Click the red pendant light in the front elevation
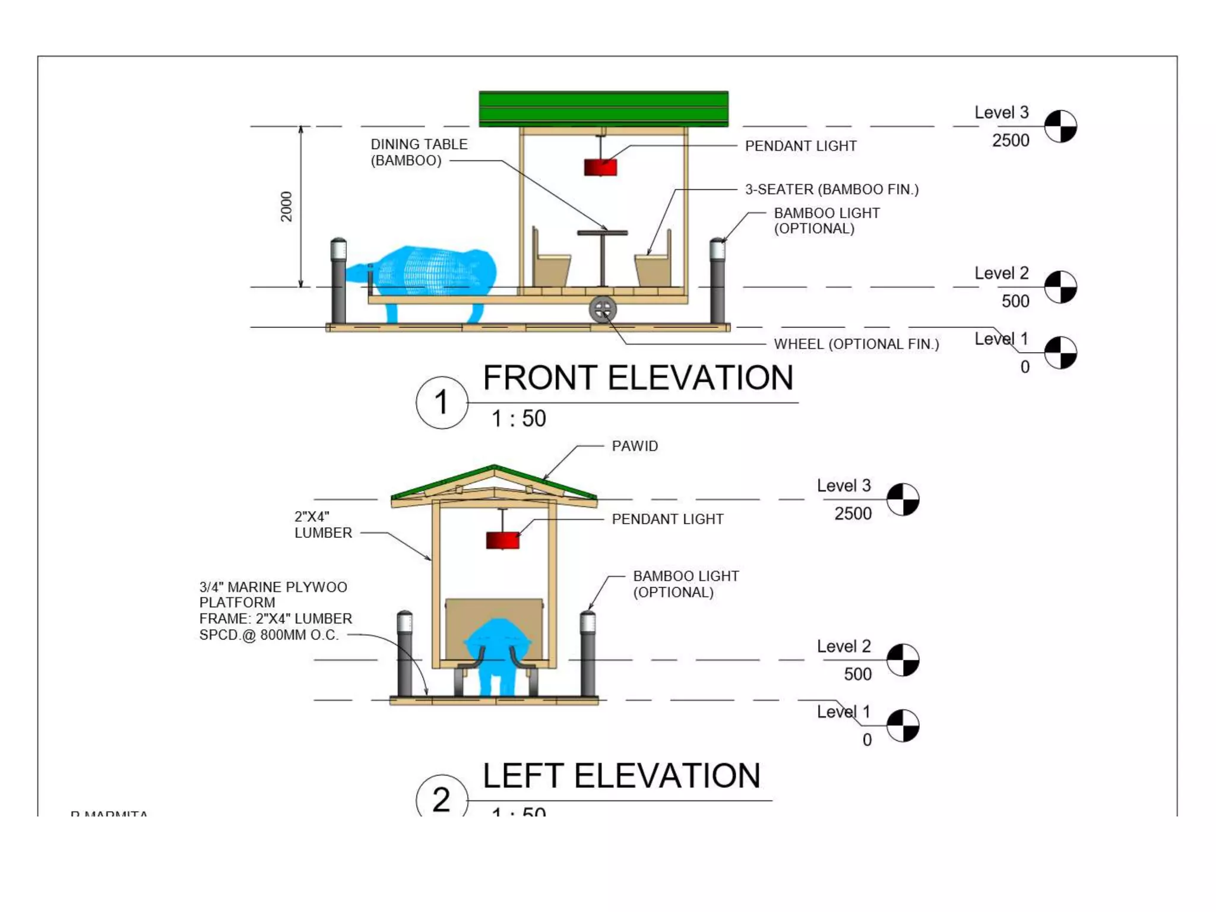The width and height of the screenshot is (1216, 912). pos(600,167)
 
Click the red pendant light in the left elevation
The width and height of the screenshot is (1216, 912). pos(502,540)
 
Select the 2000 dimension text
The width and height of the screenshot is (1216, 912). pos(287,207)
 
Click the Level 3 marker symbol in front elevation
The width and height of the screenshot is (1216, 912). pos(1060,126)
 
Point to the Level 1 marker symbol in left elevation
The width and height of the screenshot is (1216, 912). pos(902,726)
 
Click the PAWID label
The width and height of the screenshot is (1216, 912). pos(635,446)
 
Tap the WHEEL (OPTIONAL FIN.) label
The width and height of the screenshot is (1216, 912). pos(856,344)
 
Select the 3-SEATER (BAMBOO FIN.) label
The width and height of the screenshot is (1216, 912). pos(832,189)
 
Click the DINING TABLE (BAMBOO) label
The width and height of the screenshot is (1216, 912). pos(419,152)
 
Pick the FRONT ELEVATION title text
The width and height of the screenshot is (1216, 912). pos(638,378)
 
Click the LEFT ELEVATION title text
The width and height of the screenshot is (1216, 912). pos(621,775)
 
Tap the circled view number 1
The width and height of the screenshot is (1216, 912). pos(441,403)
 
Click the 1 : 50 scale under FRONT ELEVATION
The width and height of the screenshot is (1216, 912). pos(518,419)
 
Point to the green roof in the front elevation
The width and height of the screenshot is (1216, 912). pos(603,109)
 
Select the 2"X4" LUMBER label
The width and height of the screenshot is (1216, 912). pos(323,525)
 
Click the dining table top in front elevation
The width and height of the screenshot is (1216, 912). pos(602,233)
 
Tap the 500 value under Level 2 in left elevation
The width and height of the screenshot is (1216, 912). pos(857,674)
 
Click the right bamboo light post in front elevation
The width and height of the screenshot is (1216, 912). pos(717,279)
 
